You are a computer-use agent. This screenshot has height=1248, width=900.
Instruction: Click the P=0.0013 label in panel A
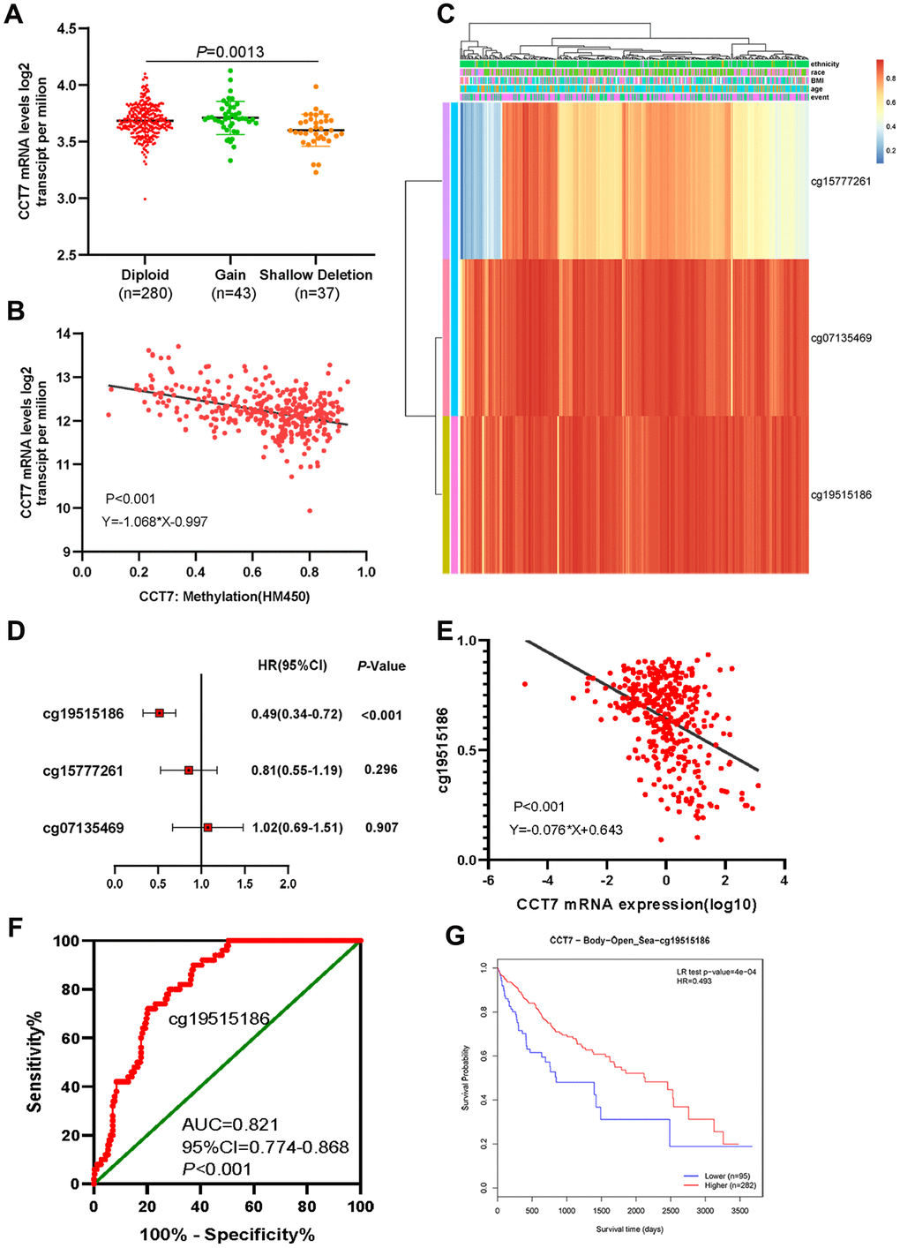point(229,52)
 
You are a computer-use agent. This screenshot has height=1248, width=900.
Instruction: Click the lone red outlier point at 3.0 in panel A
point(146,199)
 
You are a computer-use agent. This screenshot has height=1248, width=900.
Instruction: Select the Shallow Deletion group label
point(316,275)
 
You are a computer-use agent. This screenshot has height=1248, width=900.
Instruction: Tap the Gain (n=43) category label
point(231,283)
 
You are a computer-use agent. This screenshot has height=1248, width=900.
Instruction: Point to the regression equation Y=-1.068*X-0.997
point(154,522)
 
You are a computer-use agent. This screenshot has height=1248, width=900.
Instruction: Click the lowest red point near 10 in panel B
point(310,510)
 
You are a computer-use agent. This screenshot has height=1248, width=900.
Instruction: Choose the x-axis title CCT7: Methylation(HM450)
point(224,597)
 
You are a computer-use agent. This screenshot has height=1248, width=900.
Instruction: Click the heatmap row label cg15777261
point(841,182)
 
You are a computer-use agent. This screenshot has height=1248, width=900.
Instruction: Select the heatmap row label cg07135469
point(841,338)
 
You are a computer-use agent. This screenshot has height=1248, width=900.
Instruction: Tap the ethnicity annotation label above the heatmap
point(825,64)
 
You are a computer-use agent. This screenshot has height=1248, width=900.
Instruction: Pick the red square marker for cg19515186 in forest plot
point(160,712)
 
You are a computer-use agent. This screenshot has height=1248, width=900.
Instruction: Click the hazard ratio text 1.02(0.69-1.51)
point(297,828)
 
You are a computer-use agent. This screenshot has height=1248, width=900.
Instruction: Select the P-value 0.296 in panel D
point(381,770)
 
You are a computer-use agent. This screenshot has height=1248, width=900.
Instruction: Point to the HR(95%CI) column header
point(292,665)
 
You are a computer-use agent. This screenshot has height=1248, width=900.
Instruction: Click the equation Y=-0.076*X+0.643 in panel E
point(566,830)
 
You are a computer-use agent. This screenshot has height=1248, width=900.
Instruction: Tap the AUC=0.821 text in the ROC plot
point(230,1124)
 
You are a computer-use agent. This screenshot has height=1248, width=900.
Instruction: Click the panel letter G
point(455,935)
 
